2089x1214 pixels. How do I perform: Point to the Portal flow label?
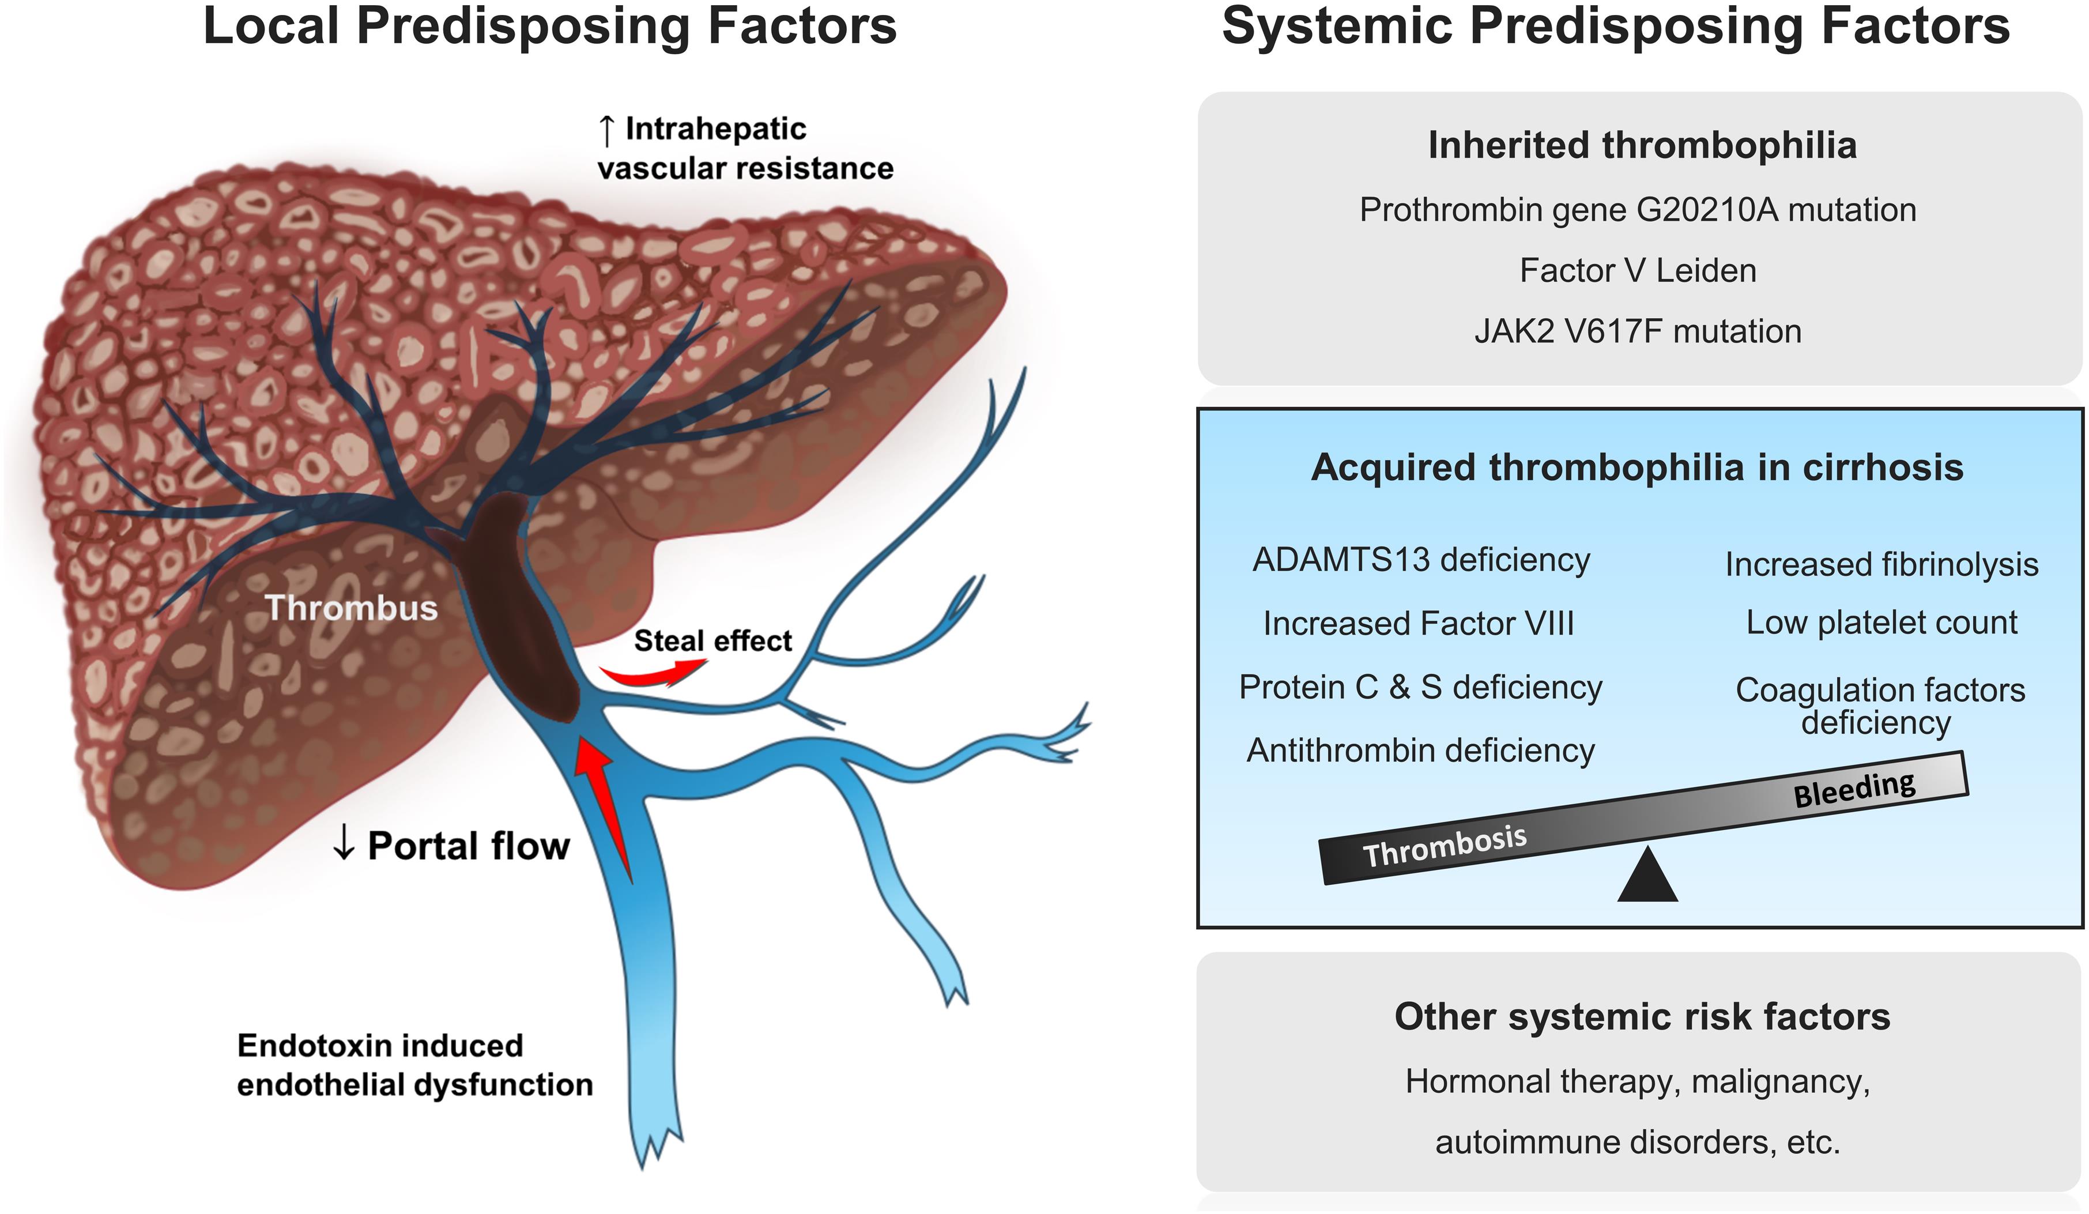click(452, 846)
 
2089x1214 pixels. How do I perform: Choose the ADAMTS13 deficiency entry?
click(1421, 560)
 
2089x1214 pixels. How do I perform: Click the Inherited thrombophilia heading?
click(1641, 145)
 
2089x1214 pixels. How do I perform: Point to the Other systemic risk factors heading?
click(1641, 1017)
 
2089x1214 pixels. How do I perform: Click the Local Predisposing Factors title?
click(549, 26)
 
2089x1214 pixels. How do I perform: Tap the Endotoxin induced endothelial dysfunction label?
click(414, 1065)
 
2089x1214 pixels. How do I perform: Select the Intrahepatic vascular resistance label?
click(744, 148)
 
